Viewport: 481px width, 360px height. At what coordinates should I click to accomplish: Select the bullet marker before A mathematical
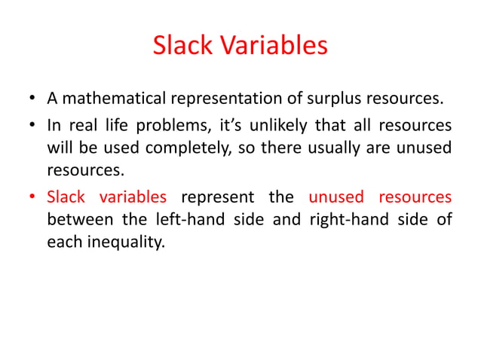tap(33, 99)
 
